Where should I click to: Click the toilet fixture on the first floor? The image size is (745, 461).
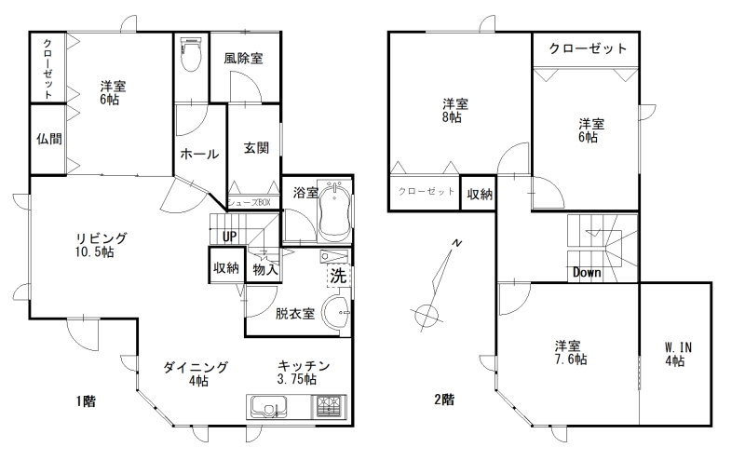(x=192, y=53)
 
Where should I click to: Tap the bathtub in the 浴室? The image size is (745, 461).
(x=335, y=210)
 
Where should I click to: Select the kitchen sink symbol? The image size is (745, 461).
(x=267, y=407)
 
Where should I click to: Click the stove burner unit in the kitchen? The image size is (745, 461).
(x=329, y=407)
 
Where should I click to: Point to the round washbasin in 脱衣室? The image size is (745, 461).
(x=337, y=312)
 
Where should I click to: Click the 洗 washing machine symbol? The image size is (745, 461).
(x=339, y=276)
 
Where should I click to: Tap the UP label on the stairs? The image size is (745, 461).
(x=229, y=237)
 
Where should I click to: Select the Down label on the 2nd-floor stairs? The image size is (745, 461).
(x=587, y=272)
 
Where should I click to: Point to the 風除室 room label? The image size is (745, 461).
(x=243, y=59)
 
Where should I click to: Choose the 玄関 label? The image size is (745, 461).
(x=257, y=148)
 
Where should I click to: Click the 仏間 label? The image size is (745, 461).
(x=49, y=139)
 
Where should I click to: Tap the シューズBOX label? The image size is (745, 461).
(x=250, y=202)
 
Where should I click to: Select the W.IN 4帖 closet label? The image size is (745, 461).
(x=678, y=355)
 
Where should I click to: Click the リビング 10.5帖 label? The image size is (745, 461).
(x=102, y=245)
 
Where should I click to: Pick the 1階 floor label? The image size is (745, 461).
(x=86, y=401)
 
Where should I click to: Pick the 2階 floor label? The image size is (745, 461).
(x=444, y=400)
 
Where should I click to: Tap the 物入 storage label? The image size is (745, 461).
(x=265, y=269)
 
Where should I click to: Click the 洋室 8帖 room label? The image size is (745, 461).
(x=454, y=110)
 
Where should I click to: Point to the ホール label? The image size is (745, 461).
(x=199, y=154)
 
